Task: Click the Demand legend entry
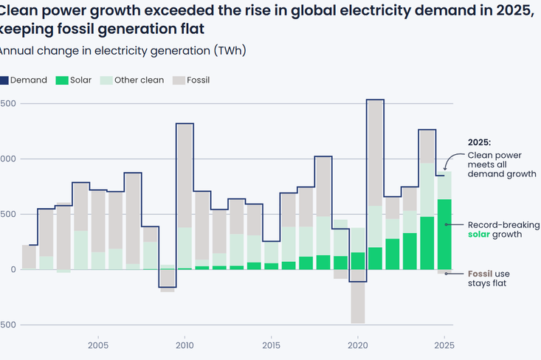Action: pos(28,80)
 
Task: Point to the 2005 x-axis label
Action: pos(98,345)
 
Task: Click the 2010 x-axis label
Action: pos(185,345)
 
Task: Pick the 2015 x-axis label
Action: pos(271,345)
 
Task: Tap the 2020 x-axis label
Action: pos(357,345)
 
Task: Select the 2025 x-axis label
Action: pos(444,345)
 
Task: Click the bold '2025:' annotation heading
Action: pos(480,142)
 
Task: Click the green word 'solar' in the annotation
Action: pos(480,235)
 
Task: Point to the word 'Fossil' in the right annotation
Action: pos(480,274)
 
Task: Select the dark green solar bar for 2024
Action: pos(427,243)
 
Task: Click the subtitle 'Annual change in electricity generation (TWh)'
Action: pos(122,51)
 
